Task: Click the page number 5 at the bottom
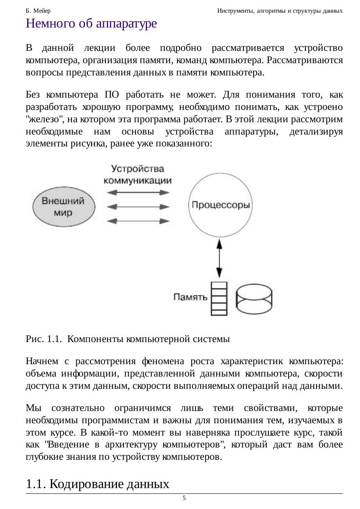pos(184,498)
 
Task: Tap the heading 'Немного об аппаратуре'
pos(91,23)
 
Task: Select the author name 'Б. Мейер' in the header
pos(38,10)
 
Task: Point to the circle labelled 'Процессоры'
pos(220,205)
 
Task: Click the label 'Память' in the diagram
pos(190,297)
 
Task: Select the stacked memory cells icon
pos(219,299)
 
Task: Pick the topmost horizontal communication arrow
pos(138,192)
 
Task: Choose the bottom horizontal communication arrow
pos(138,221)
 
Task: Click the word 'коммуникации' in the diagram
pos(138,180)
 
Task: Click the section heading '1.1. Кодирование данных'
pos(97,484)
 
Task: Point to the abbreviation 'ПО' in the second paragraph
pos(111,95)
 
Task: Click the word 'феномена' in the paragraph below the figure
pos(158,361)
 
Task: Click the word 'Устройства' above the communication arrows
pos(138,169)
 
